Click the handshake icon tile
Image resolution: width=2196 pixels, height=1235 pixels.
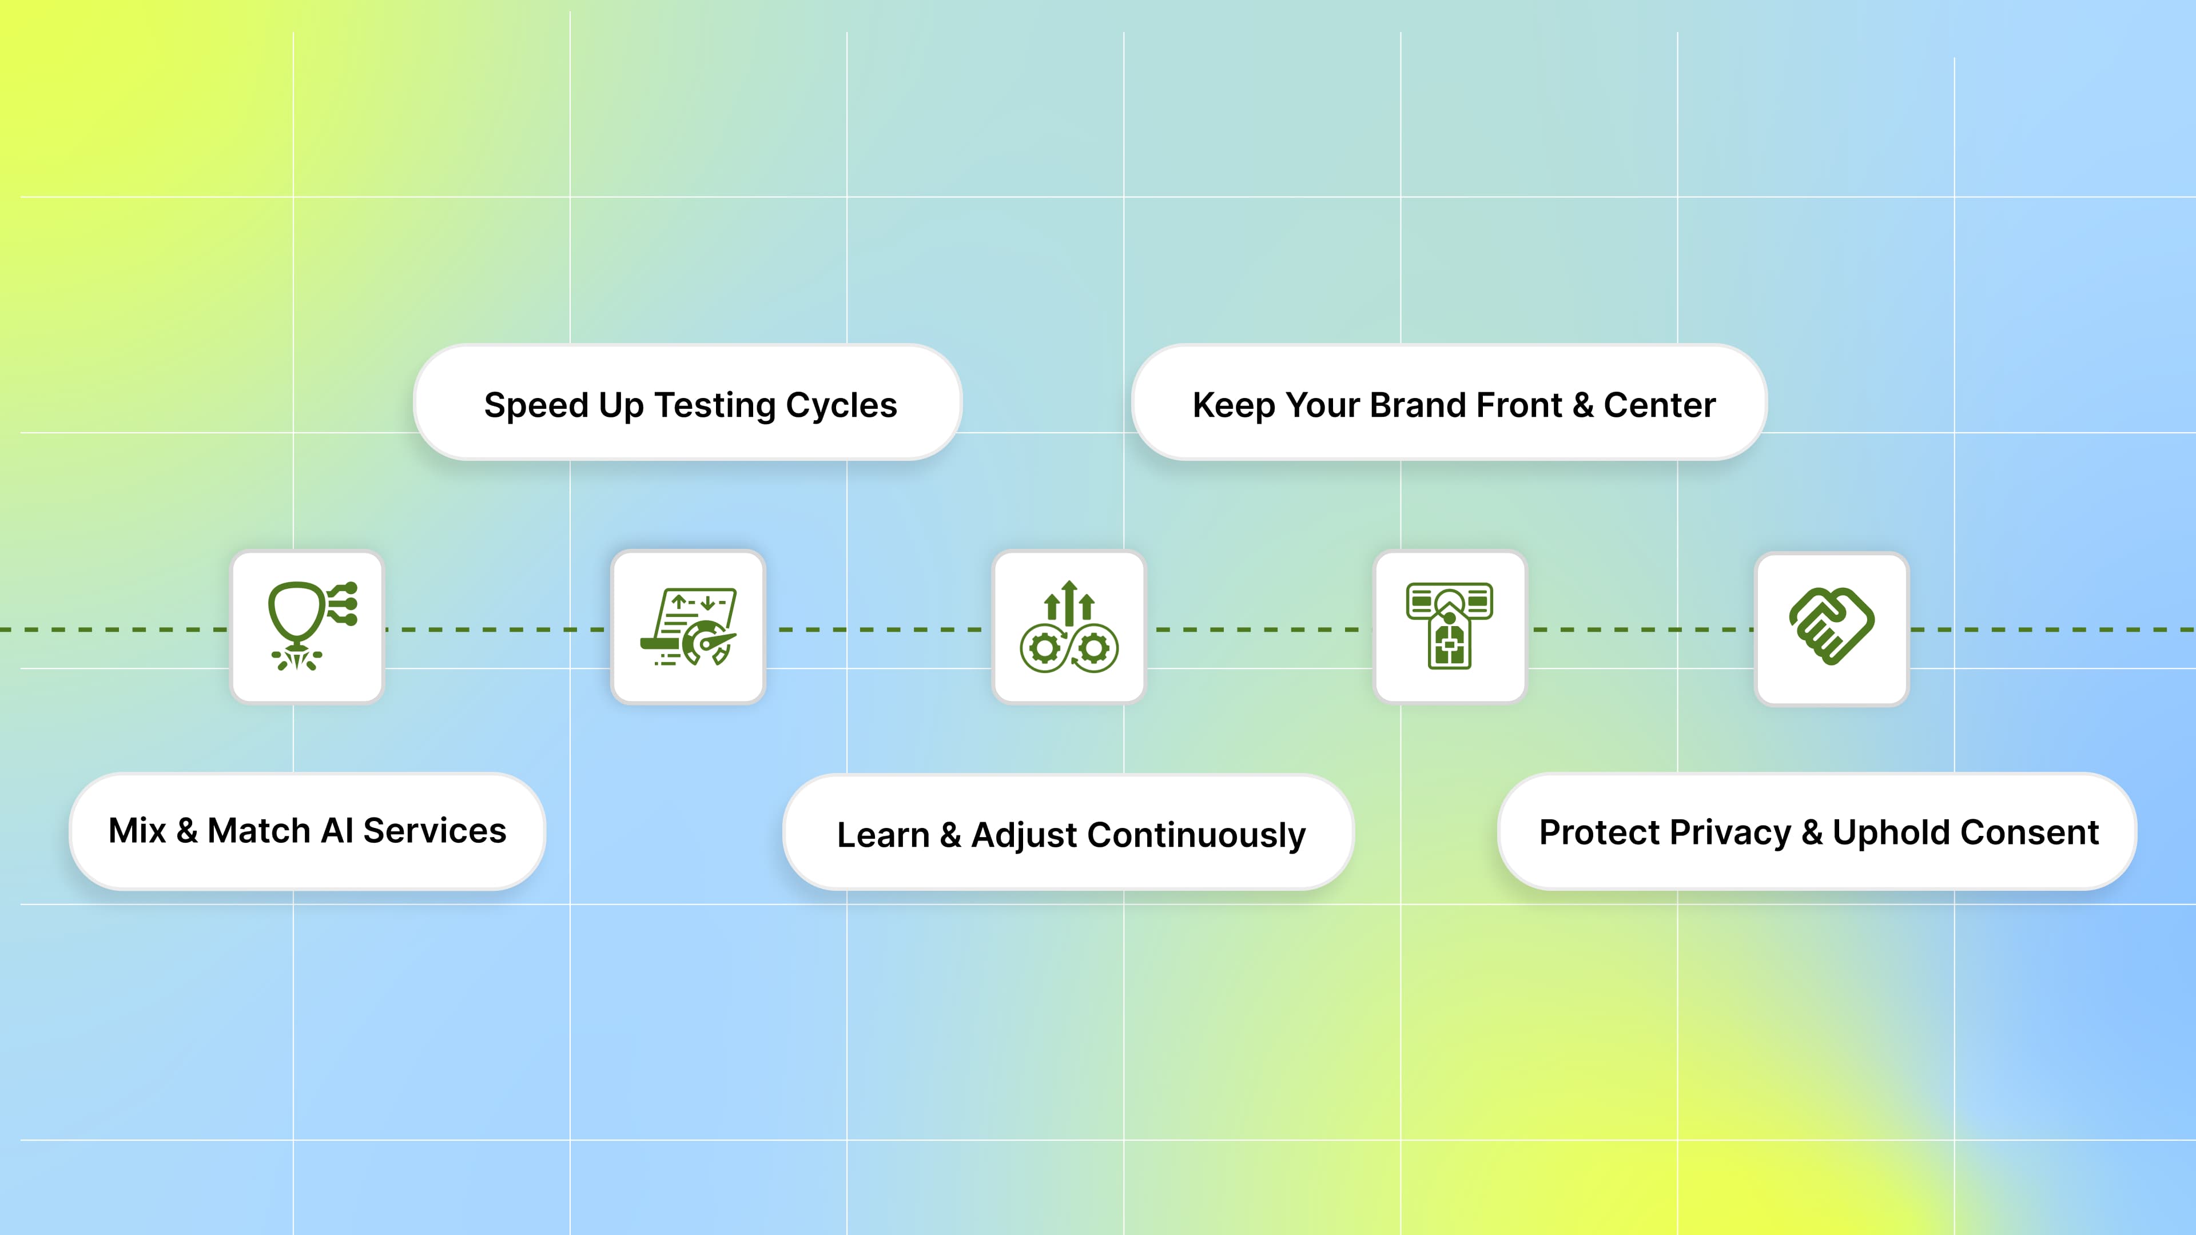(1831, 628)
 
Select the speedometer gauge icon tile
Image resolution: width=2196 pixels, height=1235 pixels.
(688, 627)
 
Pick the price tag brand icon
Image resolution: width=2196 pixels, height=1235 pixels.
(1449, 627)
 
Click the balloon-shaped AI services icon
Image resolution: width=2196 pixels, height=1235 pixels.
(308, 627)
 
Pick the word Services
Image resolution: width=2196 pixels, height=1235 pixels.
(435, 831)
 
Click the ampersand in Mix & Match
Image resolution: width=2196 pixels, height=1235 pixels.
(186, 831)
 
